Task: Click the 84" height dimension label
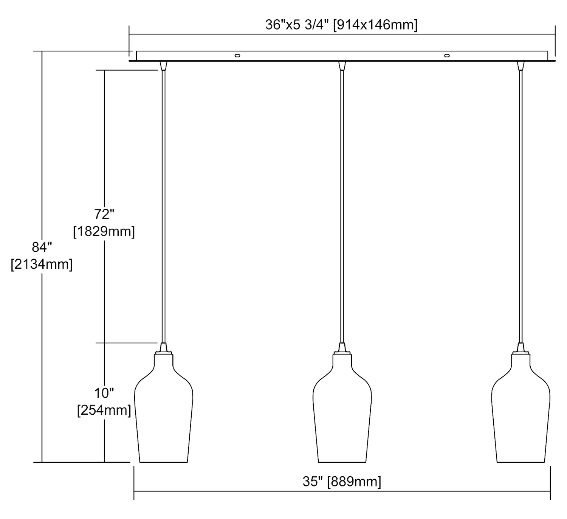(x=42, y=247)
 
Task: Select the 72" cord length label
(x=104, y=214)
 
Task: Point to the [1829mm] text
(x=104, y=231)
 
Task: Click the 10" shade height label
(x=104, y=393)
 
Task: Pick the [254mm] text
(x=104, y=411)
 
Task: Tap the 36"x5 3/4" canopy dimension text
(x=297, y=25)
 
